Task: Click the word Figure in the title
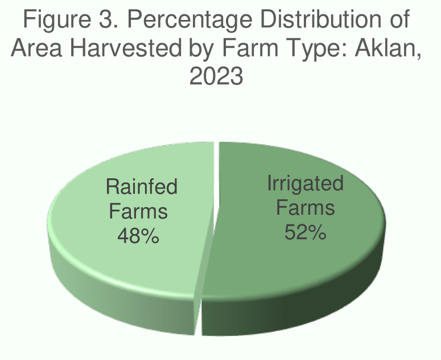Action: [57, 19]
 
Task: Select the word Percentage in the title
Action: [190, 21]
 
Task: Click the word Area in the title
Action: [36, 48]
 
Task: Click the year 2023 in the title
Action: [216, 76]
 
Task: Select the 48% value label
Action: [138, 236]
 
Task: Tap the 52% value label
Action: [306, 232]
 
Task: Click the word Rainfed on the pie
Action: [142, 186]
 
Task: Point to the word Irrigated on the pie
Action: [306, 183]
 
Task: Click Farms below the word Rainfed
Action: [138, 211]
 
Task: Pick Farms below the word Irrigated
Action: [306, 207]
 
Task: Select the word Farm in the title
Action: [250, 48]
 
